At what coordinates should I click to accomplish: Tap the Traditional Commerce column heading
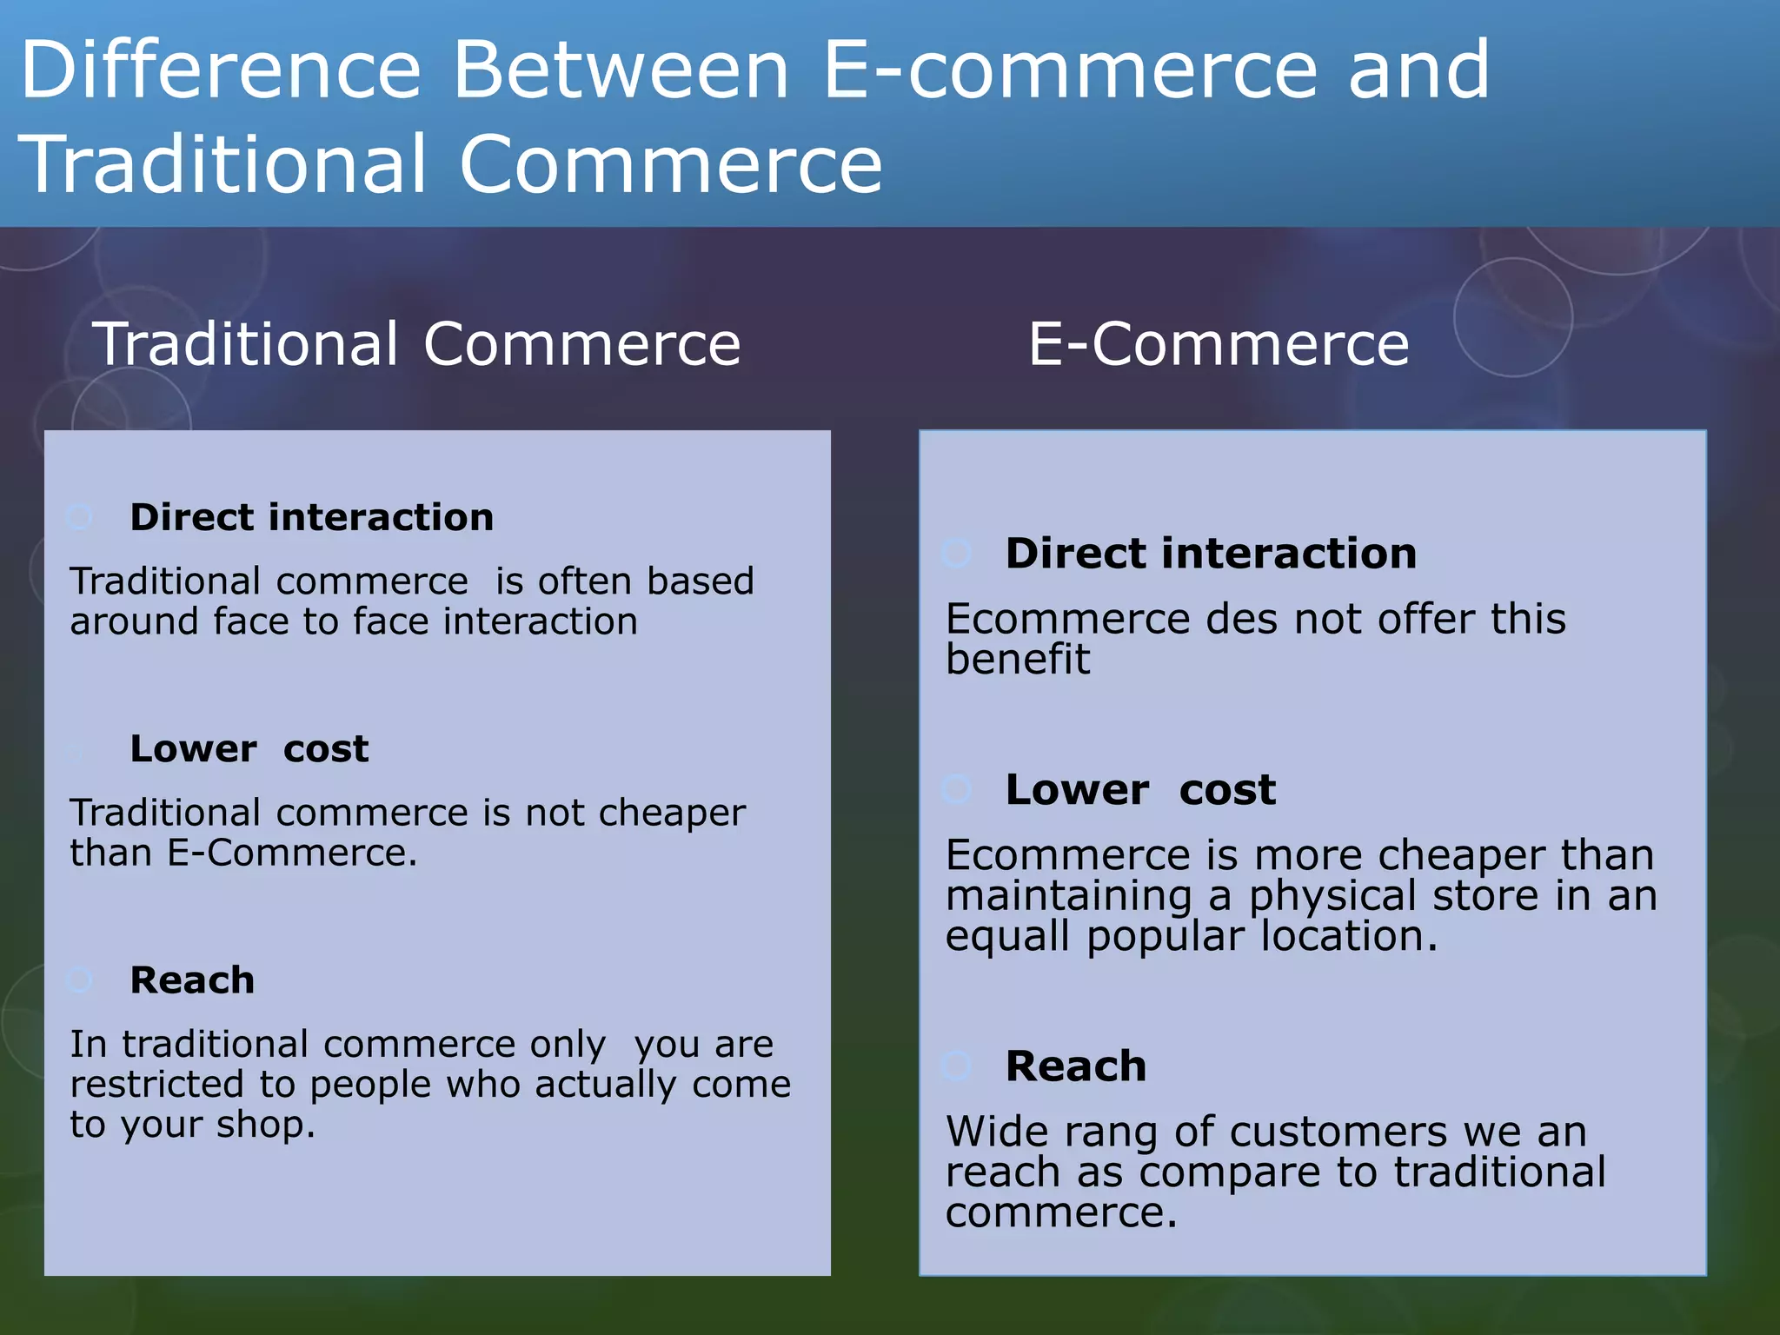coord(417,344)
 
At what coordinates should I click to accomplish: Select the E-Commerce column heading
coord(1219,344)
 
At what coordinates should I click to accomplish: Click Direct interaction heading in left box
coord(311,518)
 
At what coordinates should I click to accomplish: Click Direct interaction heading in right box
coord(1211,554)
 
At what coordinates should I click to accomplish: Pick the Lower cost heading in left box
coord(249,749)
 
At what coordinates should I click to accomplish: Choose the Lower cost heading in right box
coord(1140,790)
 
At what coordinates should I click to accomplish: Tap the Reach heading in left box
coord(192,980)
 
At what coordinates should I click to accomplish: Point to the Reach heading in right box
coord(1076,1066)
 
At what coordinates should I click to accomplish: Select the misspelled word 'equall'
coord(1007,937)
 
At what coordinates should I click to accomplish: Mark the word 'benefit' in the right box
coord(1018,660)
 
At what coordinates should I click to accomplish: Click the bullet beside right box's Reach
coord(957,1066)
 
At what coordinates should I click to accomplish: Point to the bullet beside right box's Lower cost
coord(957,789)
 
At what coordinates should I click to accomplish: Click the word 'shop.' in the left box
coord(266,1125)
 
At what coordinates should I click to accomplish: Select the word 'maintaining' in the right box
coord(1069,896)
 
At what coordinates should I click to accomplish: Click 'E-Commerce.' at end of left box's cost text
coord(292,853)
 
